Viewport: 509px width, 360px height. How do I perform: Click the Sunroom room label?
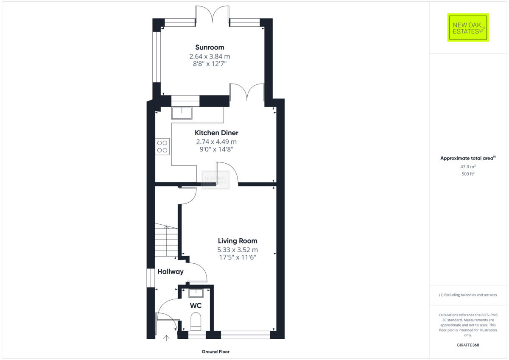coord(210,47)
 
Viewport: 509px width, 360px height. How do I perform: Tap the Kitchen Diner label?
coord(216,133)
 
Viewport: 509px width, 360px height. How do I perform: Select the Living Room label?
coord(237,241)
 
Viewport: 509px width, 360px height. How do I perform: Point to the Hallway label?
coord(171,271)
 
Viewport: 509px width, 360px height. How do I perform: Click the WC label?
coord(196,305)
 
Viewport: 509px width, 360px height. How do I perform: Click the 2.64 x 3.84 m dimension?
coord(210,56)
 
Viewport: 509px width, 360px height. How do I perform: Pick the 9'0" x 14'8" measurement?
coord(216,149)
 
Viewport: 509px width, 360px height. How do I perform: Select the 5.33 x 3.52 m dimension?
coord(237,249)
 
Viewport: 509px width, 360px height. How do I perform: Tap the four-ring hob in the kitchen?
coord(162,146)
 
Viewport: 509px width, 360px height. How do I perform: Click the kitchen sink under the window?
coord(182,113)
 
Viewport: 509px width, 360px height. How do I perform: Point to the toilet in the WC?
coord(196,321)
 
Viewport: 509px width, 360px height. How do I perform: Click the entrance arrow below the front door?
coord(166,338)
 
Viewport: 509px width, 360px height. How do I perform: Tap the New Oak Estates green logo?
coord(468,28)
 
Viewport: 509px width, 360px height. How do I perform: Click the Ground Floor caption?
coord(215,352)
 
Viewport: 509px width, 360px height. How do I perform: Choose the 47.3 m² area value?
coord(468,167)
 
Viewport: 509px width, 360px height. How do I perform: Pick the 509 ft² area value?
coord(468,174)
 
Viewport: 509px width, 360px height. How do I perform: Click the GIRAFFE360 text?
coord(468,345)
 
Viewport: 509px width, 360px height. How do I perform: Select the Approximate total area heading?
coord(468,158)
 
